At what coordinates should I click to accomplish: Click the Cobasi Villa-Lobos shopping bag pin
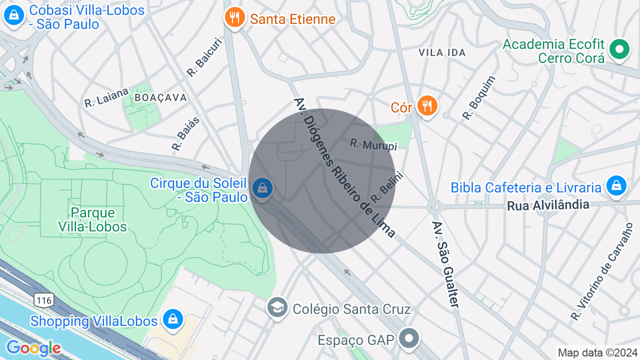point(14,15)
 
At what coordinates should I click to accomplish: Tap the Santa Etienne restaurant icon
point(233,18)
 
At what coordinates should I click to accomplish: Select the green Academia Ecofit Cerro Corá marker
point(619,49)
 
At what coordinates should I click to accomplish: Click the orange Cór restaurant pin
point(426,106)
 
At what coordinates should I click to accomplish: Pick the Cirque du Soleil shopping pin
point(261,188)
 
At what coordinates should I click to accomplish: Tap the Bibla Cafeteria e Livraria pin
point(616,186)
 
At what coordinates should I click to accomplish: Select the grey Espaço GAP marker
point(409,338)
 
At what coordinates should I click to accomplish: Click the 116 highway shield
point(43,300)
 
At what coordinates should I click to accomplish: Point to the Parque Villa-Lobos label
point(92,220)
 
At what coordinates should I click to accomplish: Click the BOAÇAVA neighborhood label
point(161,97)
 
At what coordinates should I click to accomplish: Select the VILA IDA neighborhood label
point(442,52)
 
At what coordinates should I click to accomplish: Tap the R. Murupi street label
point(373,144)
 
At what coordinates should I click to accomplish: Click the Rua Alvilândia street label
point(548,205)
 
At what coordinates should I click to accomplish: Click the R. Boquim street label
point(479,97)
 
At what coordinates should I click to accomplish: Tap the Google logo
point(33,348)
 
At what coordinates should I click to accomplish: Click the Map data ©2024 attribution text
point(597,353)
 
